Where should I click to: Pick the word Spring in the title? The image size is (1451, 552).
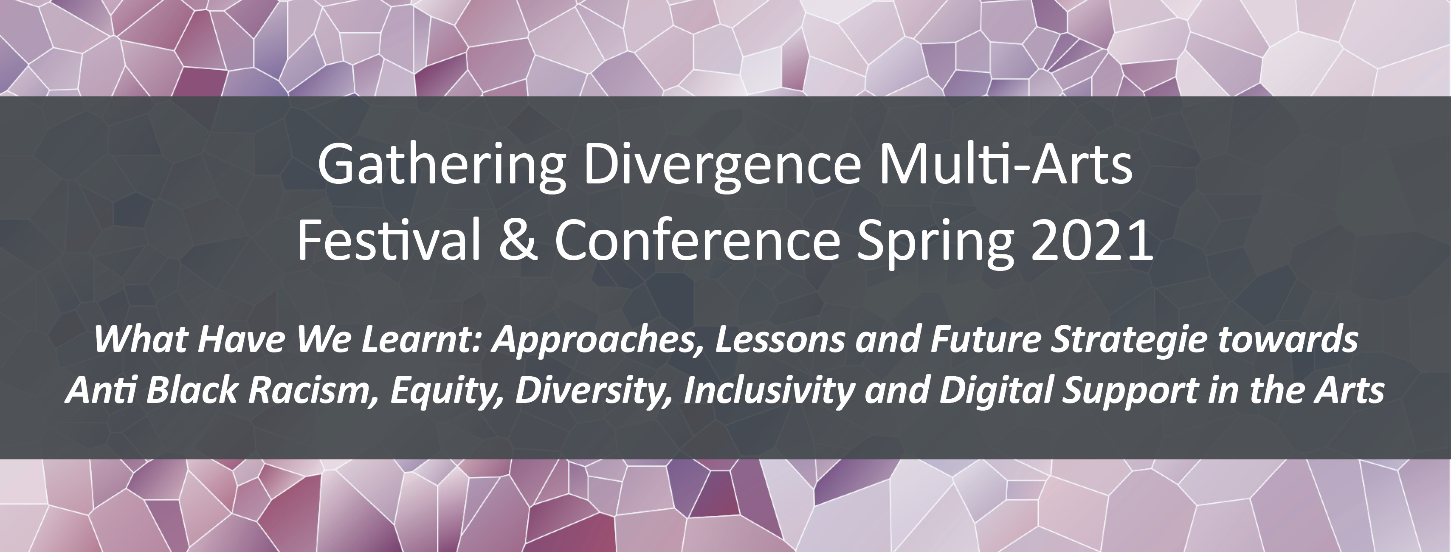coord(935,243)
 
